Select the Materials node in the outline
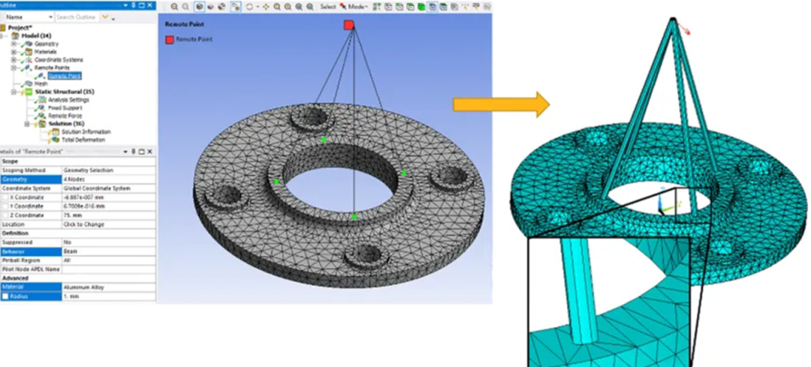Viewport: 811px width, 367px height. [x=46, y=52]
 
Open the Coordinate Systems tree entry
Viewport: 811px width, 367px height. [x=59, y=60]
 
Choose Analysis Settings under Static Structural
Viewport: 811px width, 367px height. [x=68, y=100]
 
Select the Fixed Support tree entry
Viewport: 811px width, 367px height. [x=65, y=108]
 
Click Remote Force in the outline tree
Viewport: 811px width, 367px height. [x=65, y=116]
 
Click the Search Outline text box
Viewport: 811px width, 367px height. [x=77, y=17]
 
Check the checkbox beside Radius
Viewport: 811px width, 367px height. [x=5, y=296]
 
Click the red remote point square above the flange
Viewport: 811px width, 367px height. [x=348, y=25]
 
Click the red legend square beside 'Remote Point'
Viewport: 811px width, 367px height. [x=169, y=38]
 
